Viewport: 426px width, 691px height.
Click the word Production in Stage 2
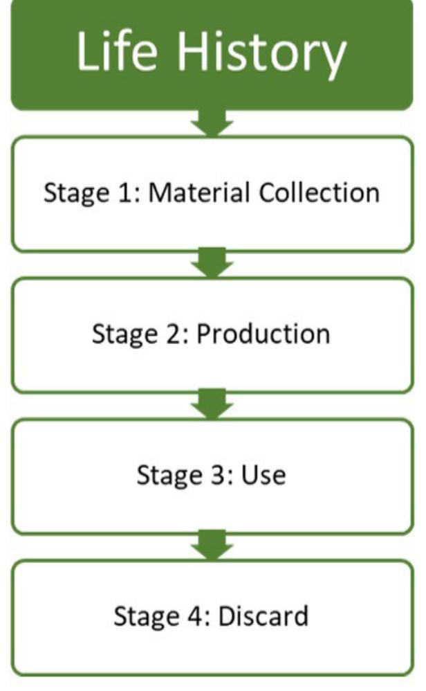point(263,334)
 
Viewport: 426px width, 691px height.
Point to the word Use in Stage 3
point(263,476)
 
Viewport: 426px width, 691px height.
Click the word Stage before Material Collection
point(75,193)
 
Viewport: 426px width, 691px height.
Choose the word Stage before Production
point(124,335)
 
